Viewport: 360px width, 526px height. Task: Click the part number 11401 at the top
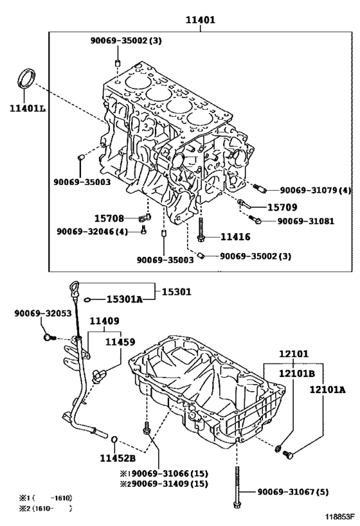point(201,20)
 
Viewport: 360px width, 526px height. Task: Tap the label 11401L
point(28,109)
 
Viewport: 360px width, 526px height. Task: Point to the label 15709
point(282,207)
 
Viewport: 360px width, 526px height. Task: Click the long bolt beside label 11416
point(201,229)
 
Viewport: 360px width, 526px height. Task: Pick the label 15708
point(109,219)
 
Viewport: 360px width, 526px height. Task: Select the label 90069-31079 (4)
point(316,190)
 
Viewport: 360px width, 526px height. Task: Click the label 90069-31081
point(305,221)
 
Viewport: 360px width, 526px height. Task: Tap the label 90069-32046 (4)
point(92,231)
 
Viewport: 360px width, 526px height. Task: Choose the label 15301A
point(125,299)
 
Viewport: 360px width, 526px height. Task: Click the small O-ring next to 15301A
point(87,299)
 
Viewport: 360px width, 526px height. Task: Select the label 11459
point(120,342)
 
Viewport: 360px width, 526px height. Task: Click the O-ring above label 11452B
point(114,439)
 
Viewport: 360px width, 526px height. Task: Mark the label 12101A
point(327,389)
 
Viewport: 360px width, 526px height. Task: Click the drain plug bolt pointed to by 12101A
point(289,455)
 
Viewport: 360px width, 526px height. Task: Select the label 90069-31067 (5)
point(293,492)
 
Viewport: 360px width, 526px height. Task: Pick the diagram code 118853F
point(339,516)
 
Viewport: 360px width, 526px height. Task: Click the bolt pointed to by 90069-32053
point(50,337)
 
